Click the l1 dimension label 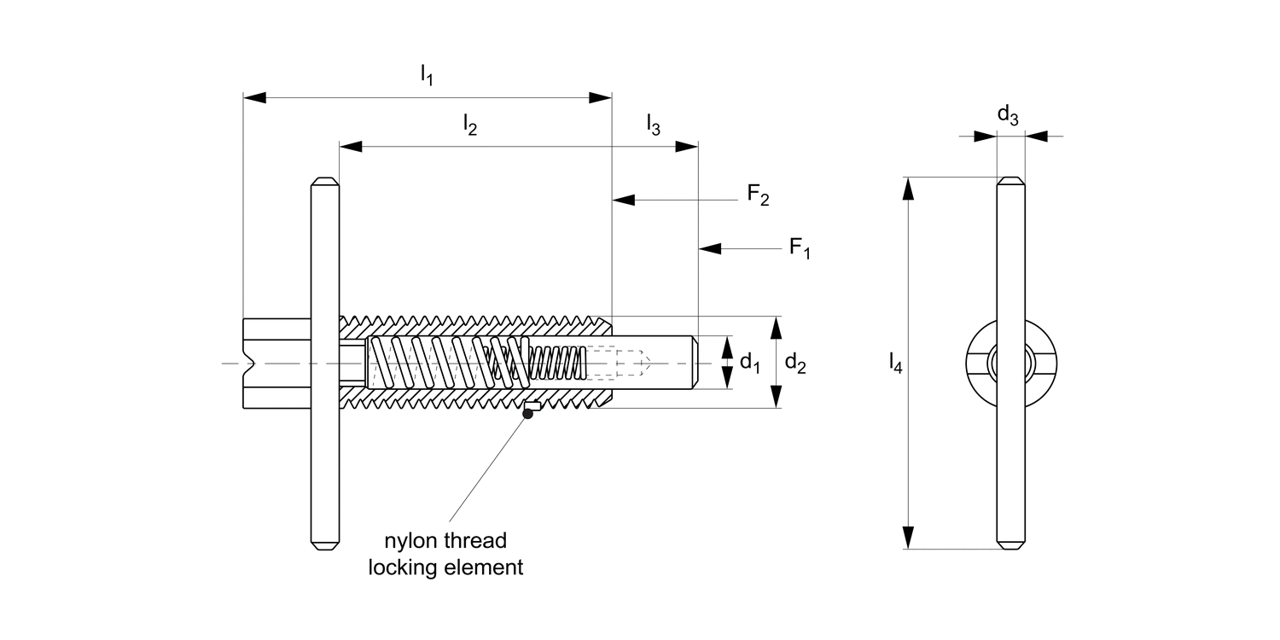pyautogui.click(x=427, y=75)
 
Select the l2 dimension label pyautogui.click(x=469, y=125)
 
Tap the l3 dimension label pyautogui.click(x=653, y=125)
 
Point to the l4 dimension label pyautogui.click(x=894, y=364)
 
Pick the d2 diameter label pyautogui.click(x=795, y=363)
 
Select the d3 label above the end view pyautogui.click(x=1008, y=115)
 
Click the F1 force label pyautogui.click(x=799, y=248)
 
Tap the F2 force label pyautogui.click(x=758, y=195)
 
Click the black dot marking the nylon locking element pyautogui.click(x=528, y=414)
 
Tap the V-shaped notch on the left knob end pyautogui.click(x=249, y=364)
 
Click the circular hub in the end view pyautogui.click(x=1011, y=364)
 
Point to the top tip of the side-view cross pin pyautogui.click(x=325, y=181)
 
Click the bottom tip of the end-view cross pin pyautogui.click(x=1011, y=546)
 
